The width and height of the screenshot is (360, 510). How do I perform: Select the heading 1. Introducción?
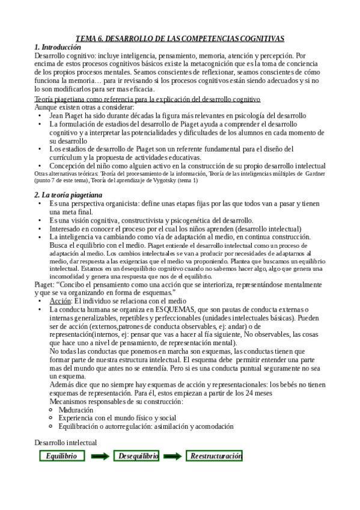pos(58,47)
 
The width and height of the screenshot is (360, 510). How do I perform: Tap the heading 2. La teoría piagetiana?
pos(69,195)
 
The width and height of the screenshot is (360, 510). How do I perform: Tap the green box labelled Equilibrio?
pos(61,456)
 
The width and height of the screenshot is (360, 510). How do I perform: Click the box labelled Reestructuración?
pos(216,456)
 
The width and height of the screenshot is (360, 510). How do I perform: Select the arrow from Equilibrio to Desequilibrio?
pos(100,456)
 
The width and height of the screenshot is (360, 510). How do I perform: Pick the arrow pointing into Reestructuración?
pos(172,456)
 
